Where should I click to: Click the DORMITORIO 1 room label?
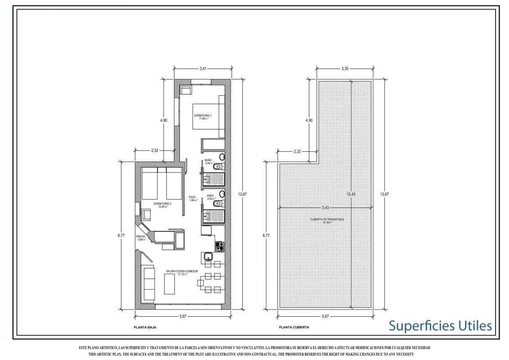203,117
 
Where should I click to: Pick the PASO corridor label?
192,198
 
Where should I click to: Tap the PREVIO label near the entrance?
141,237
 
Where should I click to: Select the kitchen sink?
208,257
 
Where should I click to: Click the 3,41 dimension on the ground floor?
203,68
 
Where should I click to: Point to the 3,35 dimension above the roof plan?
345,68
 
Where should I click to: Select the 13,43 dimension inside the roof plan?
352,194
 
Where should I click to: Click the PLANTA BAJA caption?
145,328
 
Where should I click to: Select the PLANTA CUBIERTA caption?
294,328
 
